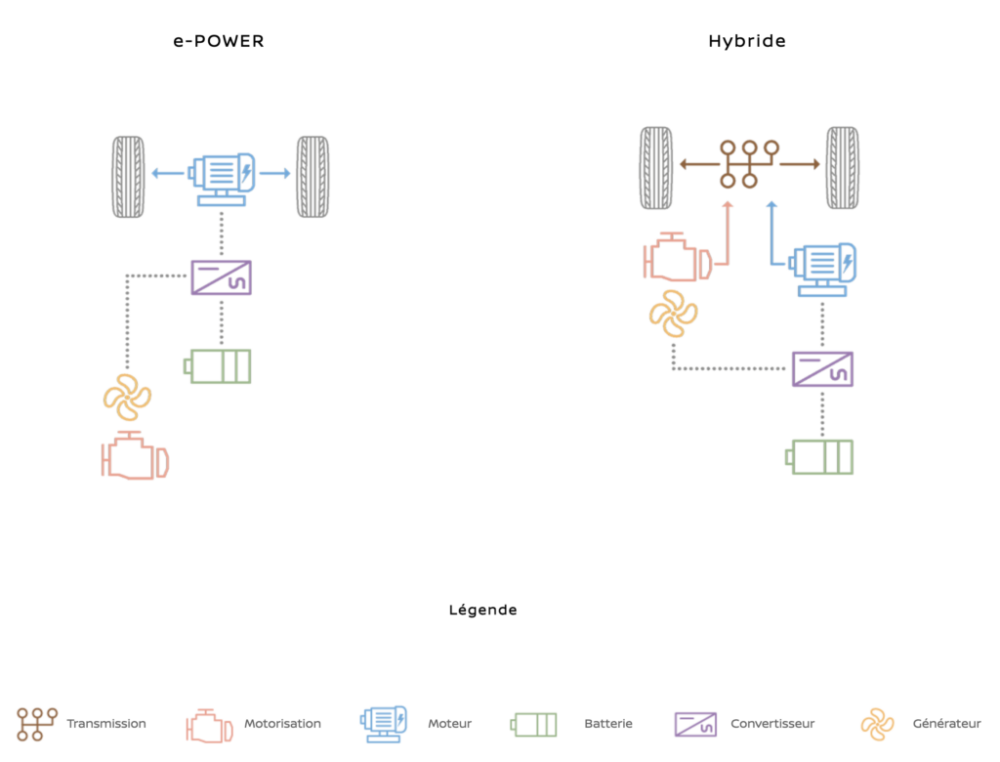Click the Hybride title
pyautogui.click(x=747, y=42)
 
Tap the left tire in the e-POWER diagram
pyautogui.click(x=128, y=176)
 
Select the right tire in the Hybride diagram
pyautogui.click(x=843, y=167)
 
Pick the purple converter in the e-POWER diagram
pyautogui.click(x=222, y=277)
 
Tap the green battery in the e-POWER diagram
pyautogui.click(x=219, y=366)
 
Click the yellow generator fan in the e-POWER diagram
pyautogui.click(x=127, y=398)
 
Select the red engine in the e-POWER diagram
pyautogui.click(x=135, y=456)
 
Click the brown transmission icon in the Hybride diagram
pyautogui.click(x=749, y=163)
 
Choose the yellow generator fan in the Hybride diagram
pyautogui.click(x=673, y=314)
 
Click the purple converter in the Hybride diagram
pyautogui.click(x=822, y=369)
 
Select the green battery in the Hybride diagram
pyautogui.click(x=820, y=457)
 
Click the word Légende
pyautogui.click(x=482, y=611)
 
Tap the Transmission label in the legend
pyautogui.click(x=106, y=724)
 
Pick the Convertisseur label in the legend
pyautogui.click(x=772, y=724)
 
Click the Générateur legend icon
pyautogui.click(x=877, y=724)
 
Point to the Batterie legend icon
pyautogui.click(x=534, y=725)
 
